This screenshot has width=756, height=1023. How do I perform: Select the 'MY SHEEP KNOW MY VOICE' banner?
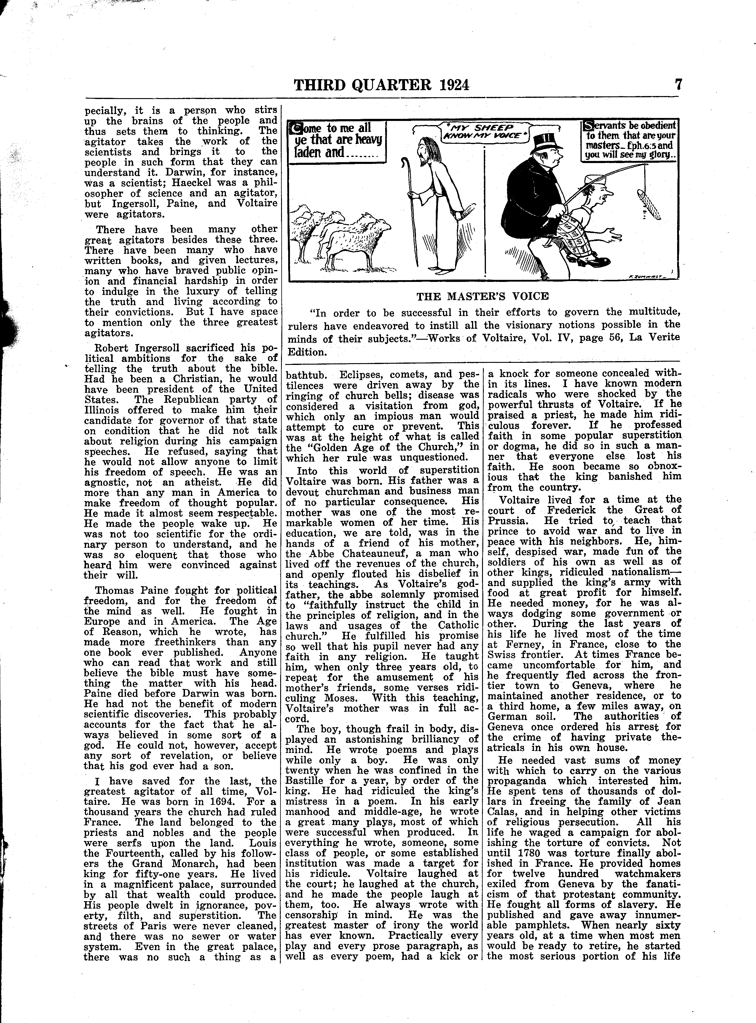tap(484, 131)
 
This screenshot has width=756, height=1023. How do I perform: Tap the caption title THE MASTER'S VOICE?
tap(482, 296)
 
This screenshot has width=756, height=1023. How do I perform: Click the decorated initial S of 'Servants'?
tap(589, 125)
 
